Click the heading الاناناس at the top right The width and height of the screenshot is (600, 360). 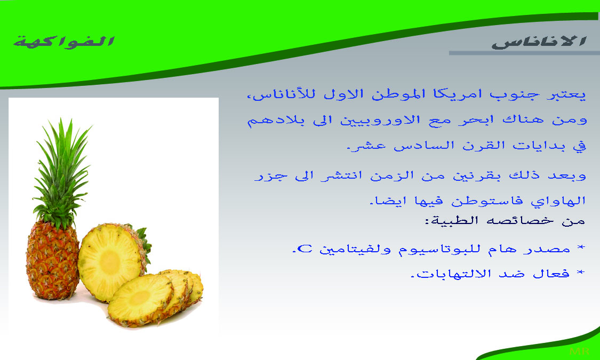click(x=539, y=42)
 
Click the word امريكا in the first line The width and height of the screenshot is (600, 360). click(x=445, y=94)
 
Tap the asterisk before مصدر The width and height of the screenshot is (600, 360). click(x=581, y=249)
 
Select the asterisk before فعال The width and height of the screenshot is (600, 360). click(x=580, y=273)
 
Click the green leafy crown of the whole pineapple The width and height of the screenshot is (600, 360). click(x=61, y=172)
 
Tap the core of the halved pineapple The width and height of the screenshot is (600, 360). click(x=110, y=262)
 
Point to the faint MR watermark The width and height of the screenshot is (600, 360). click(x=579, y=351)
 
